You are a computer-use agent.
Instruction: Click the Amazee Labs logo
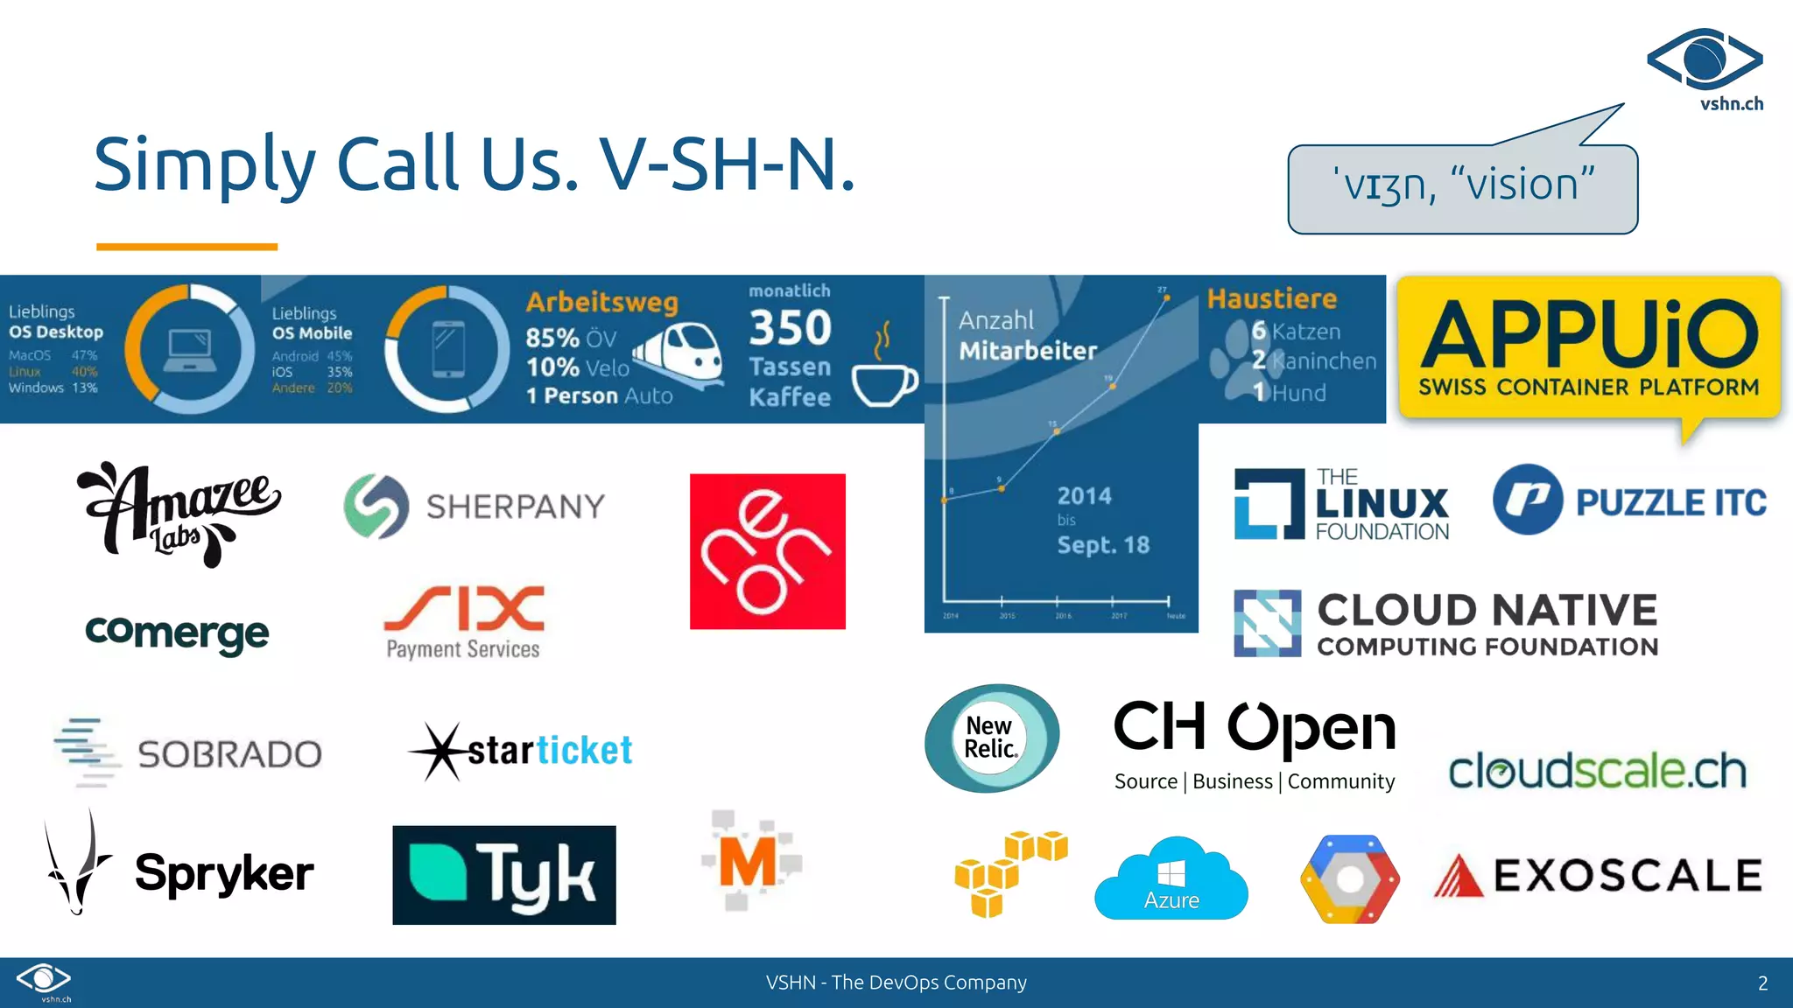(x=179, y=514)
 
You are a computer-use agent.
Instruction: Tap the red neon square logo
(x=767, y=551)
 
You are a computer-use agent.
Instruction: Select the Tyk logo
(x=504, y=874)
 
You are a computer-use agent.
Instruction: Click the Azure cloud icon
(x=1171, y=879)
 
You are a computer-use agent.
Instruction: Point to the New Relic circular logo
(x=991, y=738)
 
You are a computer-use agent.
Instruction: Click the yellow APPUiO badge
(x=1588, y=348)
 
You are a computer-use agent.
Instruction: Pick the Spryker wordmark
(x=224, y=873)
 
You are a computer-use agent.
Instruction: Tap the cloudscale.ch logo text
(x=1597, y=770)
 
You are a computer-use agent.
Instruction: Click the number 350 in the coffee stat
(x=790, y=329)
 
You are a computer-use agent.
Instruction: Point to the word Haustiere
(x=1271, y=299)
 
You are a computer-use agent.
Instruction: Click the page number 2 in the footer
(x=1762, y=983)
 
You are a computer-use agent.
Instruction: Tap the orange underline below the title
(x=186, y=247)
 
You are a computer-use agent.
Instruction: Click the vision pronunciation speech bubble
(x=1462, y=187)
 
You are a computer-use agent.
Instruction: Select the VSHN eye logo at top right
(x=1705, y=59)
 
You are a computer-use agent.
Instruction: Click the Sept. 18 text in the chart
(x=1102, y=545)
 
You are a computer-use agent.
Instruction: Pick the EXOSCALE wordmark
(x=1628, y=875)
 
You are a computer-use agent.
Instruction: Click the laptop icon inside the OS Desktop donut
(x=190, y=350)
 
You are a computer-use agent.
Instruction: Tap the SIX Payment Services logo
(x=464, y=621)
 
